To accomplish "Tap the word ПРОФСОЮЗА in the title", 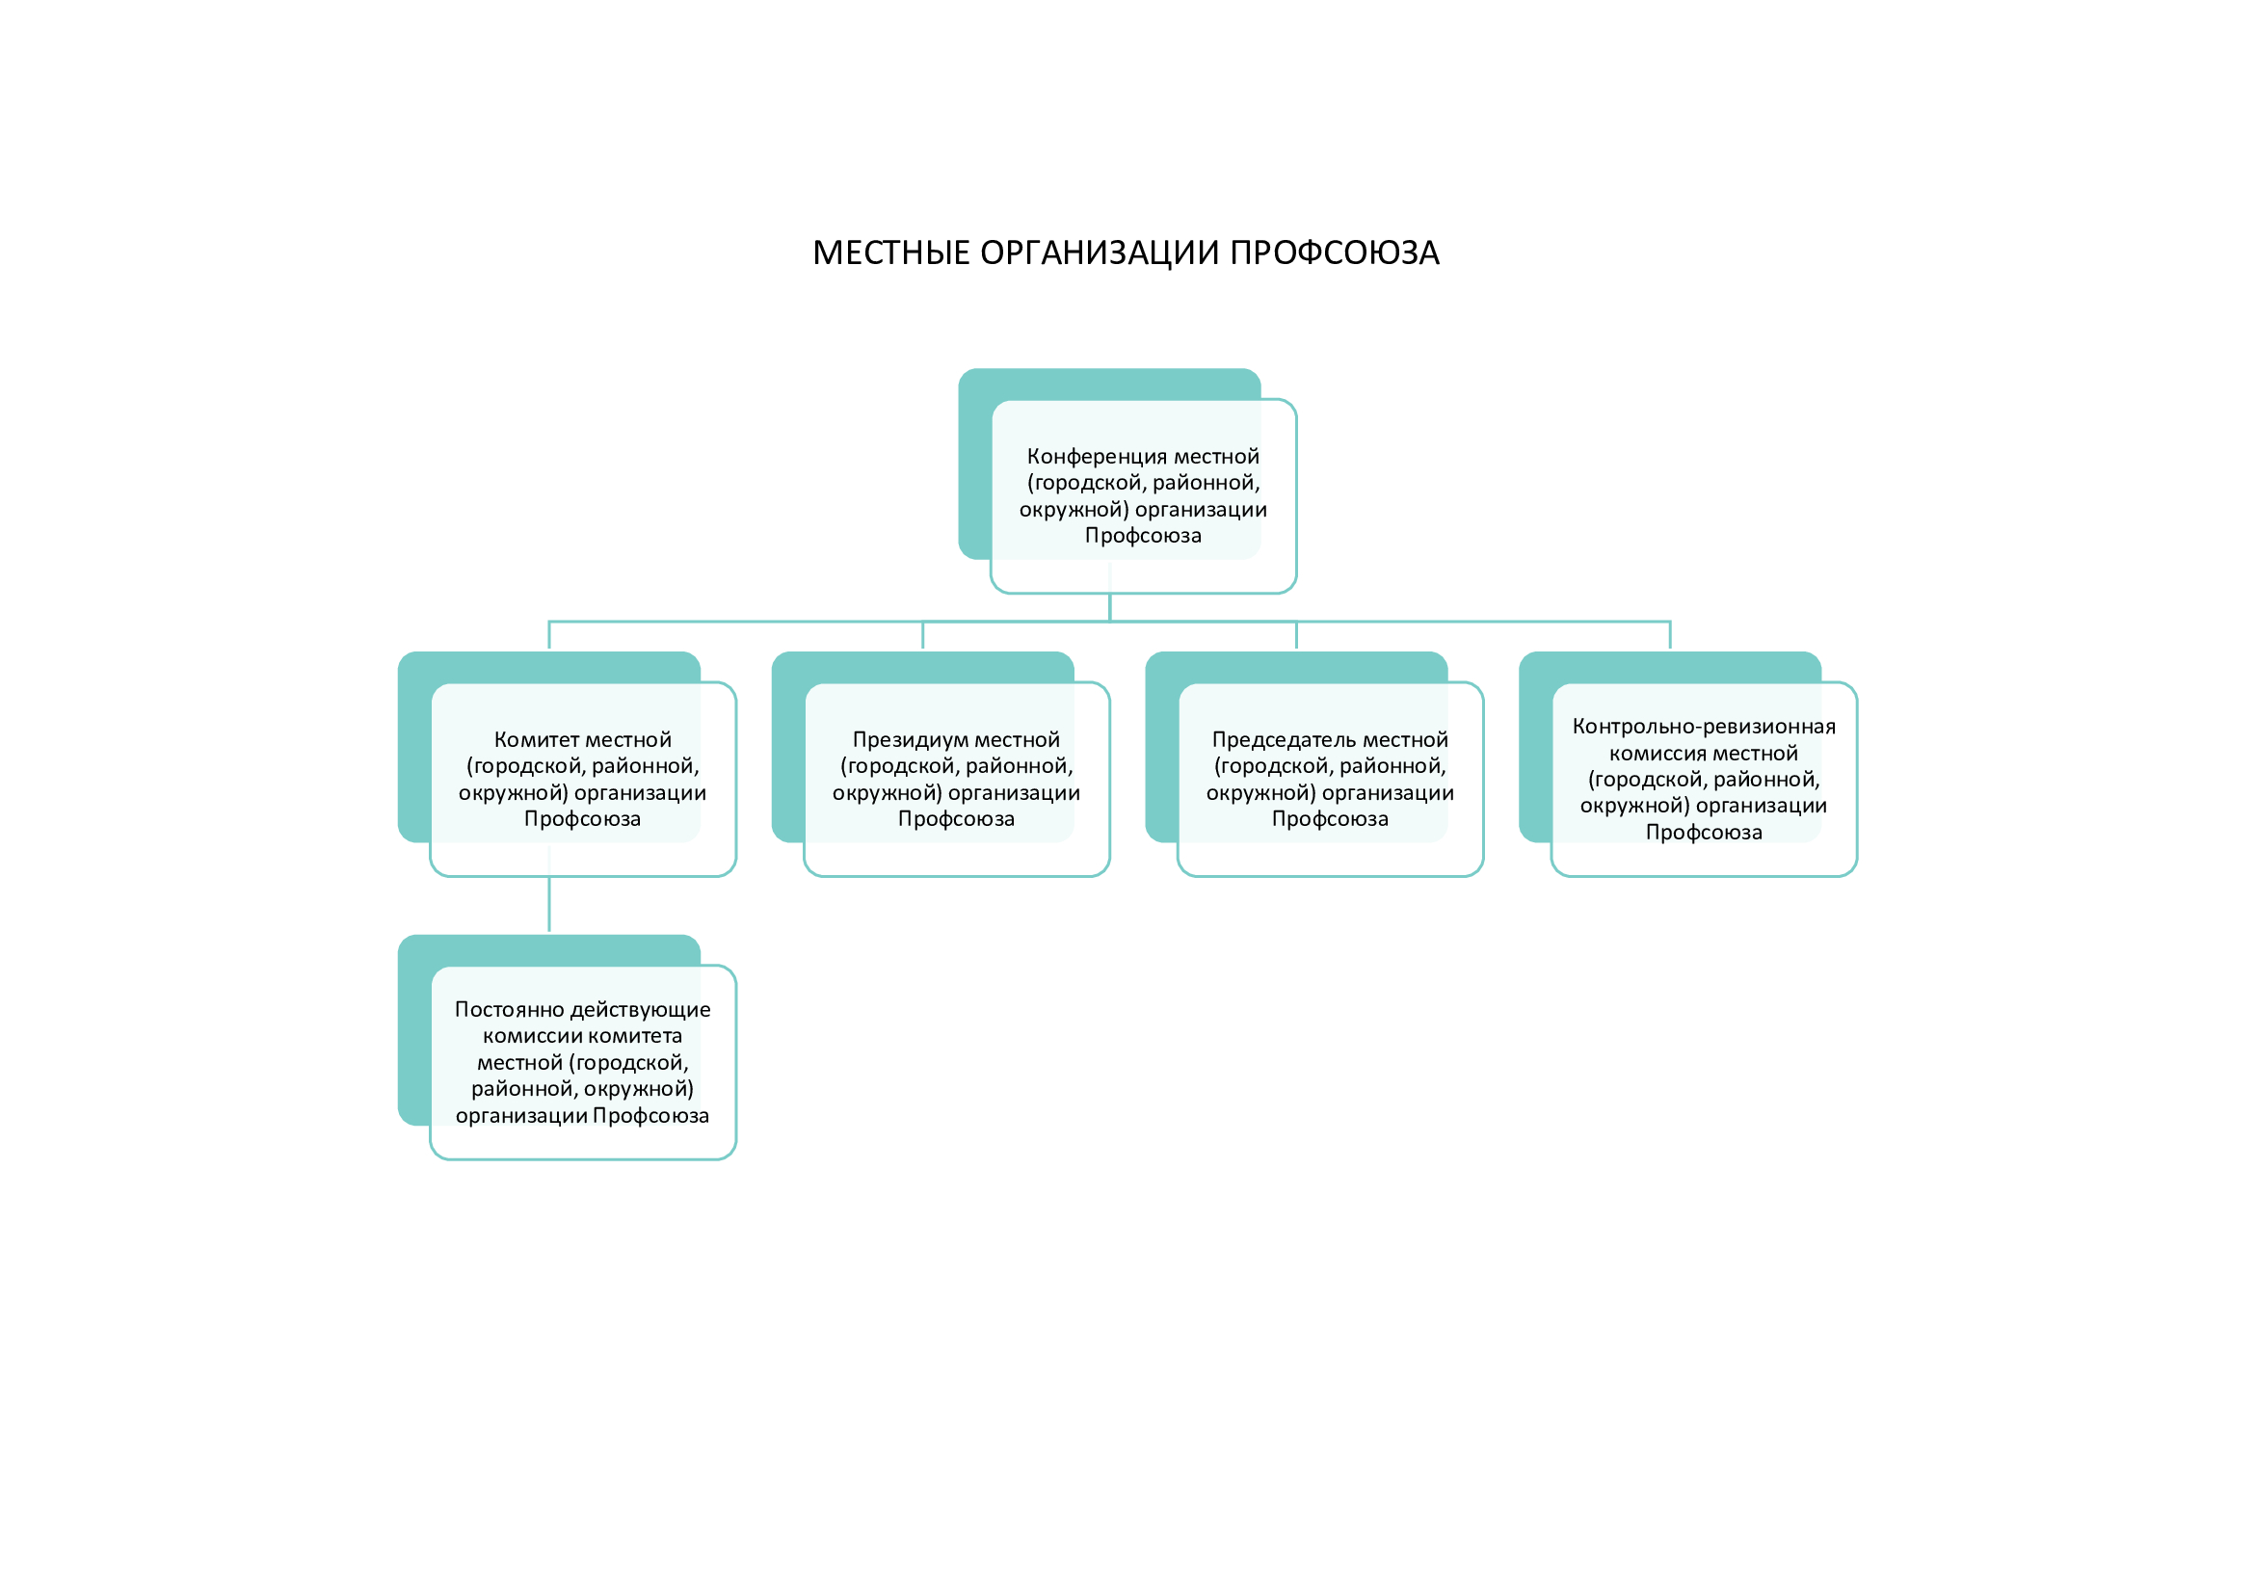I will coord(1334,253).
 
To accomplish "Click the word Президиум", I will coord(897,740).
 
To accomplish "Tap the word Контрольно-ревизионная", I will coord(1703,727).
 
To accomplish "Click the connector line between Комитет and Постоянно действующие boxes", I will coord(548,903).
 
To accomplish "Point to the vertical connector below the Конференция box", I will coord(1109,606).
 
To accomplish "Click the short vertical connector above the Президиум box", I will coord(923,635).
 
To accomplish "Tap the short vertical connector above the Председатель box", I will coord(1296,635).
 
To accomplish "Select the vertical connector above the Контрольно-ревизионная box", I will coord(1670,635).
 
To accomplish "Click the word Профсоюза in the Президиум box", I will coord(956,819).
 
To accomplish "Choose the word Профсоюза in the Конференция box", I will coord(1143,536).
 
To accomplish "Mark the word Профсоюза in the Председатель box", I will coord(1330,819).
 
